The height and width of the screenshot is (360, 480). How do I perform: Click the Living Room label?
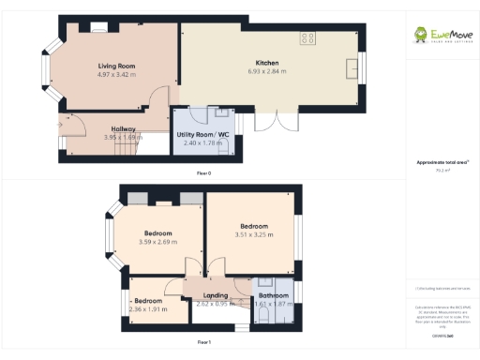(118, 66)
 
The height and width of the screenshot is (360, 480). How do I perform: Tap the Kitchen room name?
(263, 63)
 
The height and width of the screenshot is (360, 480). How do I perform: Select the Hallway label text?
(123, 128)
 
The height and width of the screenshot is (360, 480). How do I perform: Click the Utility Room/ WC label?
(202, 135)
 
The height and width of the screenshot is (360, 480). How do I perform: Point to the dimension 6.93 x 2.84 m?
(263, 71)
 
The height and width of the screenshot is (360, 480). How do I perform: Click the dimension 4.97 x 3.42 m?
(118, 74)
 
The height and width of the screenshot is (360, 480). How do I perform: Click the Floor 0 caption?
(203, 173)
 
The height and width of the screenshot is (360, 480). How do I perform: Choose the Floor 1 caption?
(203, 343)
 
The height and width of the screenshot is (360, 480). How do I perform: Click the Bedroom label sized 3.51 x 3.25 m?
(254, 226)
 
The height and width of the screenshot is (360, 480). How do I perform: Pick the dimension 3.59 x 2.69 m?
(158, 242)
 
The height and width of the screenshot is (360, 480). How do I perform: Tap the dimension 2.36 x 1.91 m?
(147, 308)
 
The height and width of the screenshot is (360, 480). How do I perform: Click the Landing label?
(214, 295)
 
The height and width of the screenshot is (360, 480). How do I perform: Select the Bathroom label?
(273, 296)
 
